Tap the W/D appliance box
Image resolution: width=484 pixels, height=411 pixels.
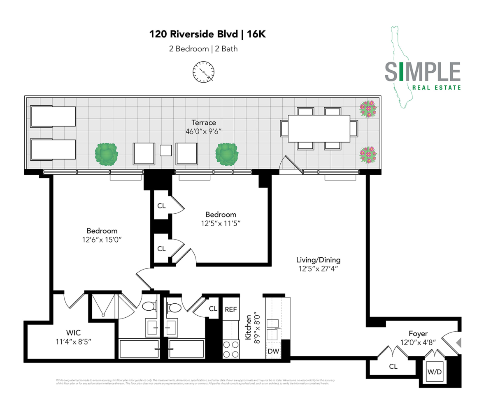click(434, 371)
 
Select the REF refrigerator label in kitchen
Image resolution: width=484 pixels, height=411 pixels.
click(230, 309)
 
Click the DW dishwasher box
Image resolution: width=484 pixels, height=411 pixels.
click(273, 351)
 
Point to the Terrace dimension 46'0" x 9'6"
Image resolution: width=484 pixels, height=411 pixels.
click(204, 132)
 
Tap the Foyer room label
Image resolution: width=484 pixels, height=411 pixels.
click(418, 333)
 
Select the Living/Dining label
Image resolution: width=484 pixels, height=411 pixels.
click(318, 260)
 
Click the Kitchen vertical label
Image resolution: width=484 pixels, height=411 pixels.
click(249, 327)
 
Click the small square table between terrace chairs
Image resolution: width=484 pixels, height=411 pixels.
click(165, 150)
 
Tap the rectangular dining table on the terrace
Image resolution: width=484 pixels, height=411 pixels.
click(319, 128)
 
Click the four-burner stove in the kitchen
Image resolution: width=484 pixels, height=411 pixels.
click(231, 349)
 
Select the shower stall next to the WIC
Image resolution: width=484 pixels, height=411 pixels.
click(103, 305)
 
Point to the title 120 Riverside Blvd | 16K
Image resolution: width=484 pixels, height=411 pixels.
click(207, 34)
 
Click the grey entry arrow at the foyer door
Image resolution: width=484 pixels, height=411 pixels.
click(459, 342)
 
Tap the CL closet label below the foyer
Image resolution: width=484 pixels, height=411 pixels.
click(393, 366)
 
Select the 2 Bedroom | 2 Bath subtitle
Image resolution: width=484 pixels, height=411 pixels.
click(203, 49)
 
